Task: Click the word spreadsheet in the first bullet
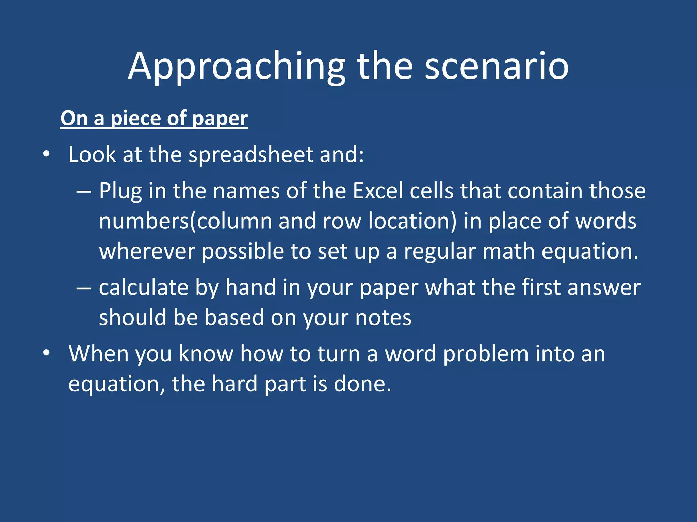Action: [250, 155]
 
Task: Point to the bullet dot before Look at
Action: [47, 155]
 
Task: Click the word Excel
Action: [378, 191]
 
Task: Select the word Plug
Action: [120, 191]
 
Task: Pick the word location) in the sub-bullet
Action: [412, 221]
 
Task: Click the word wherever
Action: [146, 251]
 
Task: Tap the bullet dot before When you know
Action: [47, 354]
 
